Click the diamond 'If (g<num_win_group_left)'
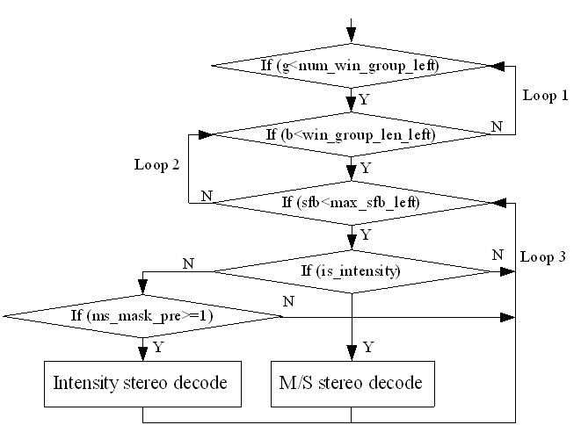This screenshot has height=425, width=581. (352, 66)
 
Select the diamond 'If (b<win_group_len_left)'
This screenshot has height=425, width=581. (352, 134)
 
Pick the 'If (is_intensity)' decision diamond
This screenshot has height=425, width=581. (352, 271)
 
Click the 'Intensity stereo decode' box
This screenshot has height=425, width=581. (142, 383)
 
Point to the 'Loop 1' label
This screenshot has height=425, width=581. (545, 94)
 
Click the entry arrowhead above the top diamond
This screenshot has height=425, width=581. (352, 35)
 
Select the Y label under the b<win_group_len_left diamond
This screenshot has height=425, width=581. (365, 167)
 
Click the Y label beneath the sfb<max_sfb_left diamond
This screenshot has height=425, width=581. (365, 235)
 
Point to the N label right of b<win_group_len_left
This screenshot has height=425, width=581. (497, 126)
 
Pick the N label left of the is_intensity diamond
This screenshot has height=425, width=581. (187, 262)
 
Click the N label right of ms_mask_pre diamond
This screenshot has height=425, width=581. (287, 301)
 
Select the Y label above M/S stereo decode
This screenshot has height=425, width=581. (368, 347)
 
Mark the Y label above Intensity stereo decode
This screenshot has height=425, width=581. (157, 348)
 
